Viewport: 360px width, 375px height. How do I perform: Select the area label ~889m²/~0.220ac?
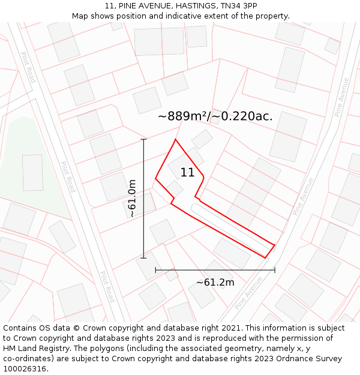coord(215,116)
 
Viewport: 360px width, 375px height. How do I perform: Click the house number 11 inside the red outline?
coord(187,173)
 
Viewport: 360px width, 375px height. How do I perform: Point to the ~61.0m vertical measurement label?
coord(133,199)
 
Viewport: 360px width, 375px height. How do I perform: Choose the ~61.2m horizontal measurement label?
coord(215,282)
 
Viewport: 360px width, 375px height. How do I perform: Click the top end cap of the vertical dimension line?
coord(143,139)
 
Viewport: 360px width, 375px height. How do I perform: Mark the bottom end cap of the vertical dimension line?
coord(143,258)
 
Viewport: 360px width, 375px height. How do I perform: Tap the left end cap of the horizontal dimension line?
coord(155,270)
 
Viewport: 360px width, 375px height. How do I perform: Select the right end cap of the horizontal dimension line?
coord(275,270)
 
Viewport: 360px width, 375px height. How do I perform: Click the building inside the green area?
coord(32,172)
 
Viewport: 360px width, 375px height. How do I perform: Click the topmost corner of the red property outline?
coord(175,139)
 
